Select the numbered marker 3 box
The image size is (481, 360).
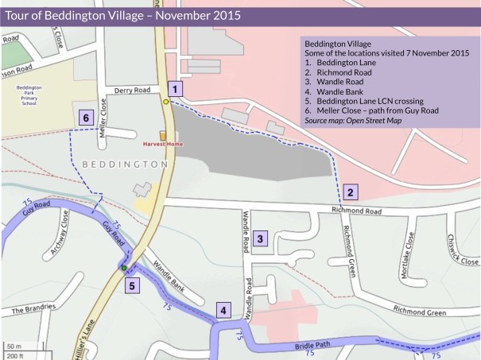pos(262,236)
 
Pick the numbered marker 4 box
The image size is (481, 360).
pos(225,311)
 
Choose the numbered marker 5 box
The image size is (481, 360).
pos(133,284)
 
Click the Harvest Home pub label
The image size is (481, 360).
pos(162,145)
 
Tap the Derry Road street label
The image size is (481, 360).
pos(132,91)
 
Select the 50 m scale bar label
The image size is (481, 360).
pos(15,346)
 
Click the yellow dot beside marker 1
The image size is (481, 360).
pos(166,102)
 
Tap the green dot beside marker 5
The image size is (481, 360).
pos(123,269)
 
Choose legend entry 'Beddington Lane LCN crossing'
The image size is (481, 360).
pos(370,102)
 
